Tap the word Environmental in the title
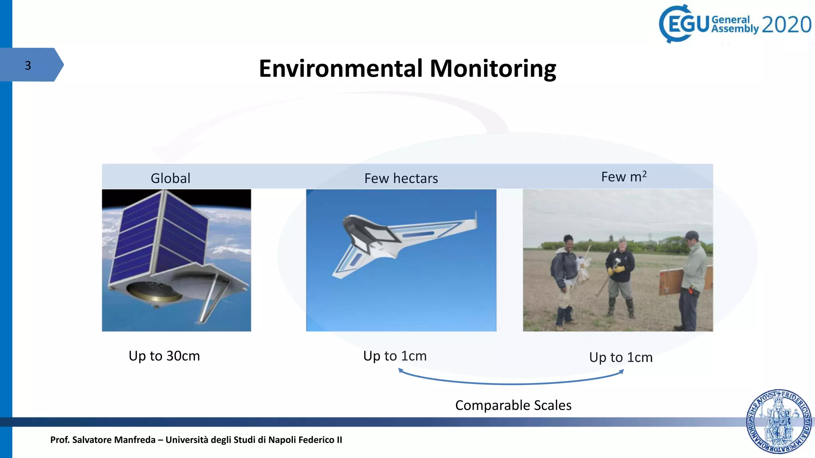(341, 68)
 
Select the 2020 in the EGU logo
(786, 25)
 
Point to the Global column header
(170, 178)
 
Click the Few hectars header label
(401, 178)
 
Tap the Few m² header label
(624, 177)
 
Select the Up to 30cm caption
(164, 356)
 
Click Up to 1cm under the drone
(395, 356)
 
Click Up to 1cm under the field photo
(621, 357)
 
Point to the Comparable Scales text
(513, 405)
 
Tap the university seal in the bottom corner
(779, 421)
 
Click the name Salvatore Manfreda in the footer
(114, 440)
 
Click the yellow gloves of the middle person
(615, 270)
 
